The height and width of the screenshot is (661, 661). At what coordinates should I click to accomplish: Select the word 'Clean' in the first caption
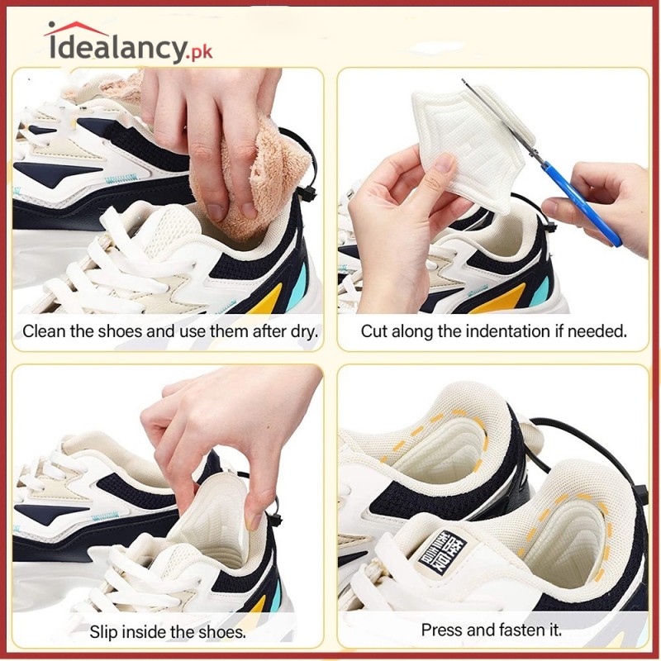pos(41,332)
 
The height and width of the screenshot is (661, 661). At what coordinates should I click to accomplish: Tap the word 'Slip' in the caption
pos(104,633)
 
